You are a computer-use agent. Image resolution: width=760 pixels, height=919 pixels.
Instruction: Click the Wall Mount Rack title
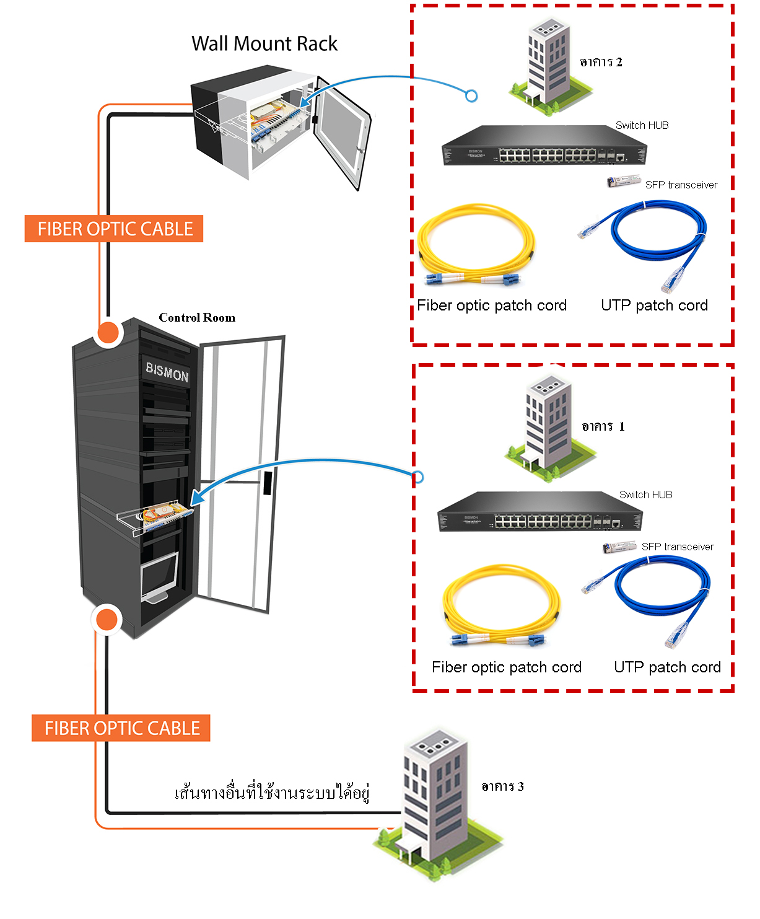click(x=264, y=44)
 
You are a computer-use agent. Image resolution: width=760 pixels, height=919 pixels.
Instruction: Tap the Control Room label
click(x=197, y=318)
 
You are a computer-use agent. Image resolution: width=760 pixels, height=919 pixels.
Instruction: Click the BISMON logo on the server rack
click(x=167, y=372)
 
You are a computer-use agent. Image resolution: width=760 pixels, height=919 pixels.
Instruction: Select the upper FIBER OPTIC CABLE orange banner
click(x=115, y=229)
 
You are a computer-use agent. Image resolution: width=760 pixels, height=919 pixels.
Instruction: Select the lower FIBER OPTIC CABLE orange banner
click(x=121, y=728)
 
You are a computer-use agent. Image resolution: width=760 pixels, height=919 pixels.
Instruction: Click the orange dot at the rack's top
click(x=108, y=332)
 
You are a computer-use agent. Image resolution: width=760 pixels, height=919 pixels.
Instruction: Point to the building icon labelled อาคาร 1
click(x=546, y=428)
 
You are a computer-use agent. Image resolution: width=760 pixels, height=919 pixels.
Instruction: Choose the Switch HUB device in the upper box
click(x=544, y=146)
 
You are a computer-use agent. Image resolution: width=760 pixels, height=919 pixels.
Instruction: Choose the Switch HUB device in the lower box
click(x=539, y=512)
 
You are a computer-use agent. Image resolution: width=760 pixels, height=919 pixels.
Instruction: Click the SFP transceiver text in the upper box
click(x=681, y=185)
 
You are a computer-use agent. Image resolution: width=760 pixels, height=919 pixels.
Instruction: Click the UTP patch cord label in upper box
click(x=654, y=306)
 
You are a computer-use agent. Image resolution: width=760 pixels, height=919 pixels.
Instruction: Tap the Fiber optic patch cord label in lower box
click(x=507, y=667)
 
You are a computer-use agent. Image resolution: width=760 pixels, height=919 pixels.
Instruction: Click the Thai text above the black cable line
click(x=272, y=793)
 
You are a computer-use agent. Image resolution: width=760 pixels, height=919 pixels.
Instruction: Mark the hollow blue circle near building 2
click(x=471, y=96)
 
